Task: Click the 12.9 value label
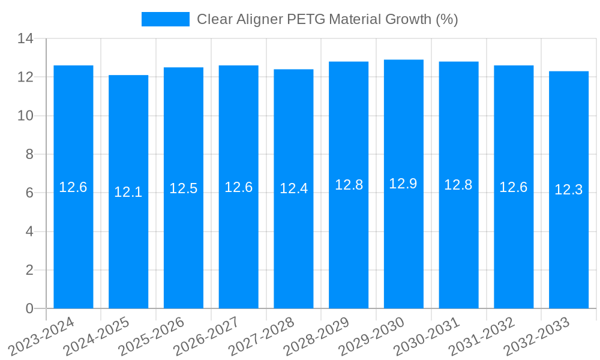pos(403,184)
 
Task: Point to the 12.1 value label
pos(128,192)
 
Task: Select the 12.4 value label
pos(293,188)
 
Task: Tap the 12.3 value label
pos(569,190)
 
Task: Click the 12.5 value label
pos(184,188)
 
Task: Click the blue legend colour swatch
pos(165,19)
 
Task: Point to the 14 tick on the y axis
pos(25,38)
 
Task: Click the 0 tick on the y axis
pos(29,308)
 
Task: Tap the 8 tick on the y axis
pos(29,154)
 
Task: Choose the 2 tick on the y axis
pos(29,270)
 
